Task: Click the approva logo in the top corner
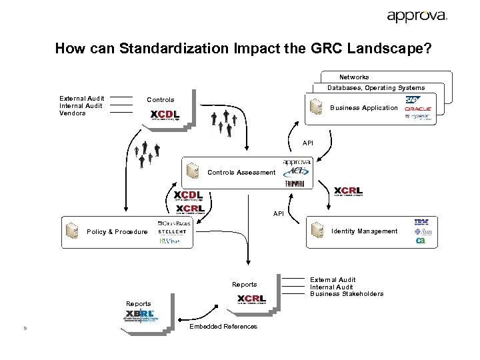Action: click(x=417, y=16)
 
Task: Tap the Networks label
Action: click(x=354, y=77)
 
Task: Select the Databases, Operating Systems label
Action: click(x=375, y=88)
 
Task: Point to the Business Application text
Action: click(x=364, y=108)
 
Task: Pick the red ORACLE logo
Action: click(x=418, y=109)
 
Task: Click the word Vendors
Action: click(x=73, y=113)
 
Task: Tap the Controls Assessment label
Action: click(x=241, y=173)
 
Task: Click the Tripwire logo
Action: click(x=295, y=183)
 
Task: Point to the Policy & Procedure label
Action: click(x=117, y=232)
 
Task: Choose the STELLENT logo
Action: click(x=173, y=232)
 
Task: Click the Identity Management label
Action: click(x=364, y=231)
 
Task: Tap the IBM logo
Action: click(x=421, y=222)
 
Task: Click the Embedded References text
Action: click(x=223, y=327)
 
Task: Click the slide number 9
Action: click(x=24, y=327)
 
